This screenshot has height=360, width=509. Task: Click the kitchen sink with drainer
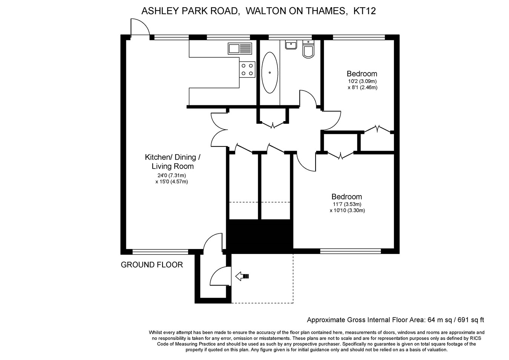tap(240, 48)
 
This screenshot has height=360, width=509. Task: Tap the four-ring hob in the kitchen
tap(247, 69)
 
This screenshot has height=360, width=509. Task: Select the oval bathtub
tap(270, 72)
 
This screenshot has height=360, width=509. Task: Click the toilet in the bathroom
tap(308, 49)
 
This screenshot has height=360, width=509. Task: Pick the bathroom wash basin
tap(291, 45)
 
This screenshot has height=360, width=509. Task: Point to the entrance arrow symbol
tap(242, 276)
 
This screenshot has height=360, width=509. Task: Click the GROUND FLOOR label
tap(152, 265)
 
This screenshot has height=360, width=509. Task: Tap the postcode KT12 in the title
tap(365, 11)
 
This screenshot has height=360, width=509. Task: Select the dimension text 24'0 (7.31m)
tap(172, 175)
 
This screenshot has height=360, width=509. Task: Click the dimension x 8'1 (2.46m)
tap(362, 87)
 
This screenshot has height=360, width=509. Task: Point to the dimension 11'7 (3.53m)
tap(347, 204)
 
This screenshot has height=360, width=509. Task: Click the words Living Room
tap(173, 166)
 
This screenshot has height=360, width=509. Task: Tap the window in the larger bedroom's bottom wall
tap(351, 251)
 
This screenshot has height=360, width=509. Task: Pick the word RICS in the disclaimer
tap(475, 338)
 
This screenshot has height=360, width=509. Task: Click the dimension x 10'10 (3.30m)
tap(347, 210)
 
